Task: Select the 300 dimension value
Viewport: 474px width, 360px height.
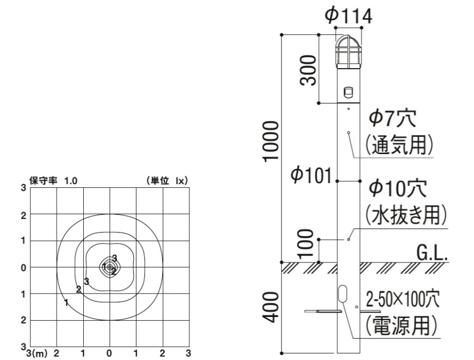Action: [309, 69]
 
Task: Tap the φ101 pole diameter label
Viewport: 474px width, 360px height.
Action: [311, 176]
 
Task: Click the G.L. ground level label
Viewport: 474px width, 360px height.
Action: [432, 253]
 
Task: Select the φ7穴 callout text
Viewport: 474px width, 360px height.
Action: [393, 117]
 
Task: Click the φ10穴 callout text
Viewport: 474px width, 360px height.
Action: [398, 188]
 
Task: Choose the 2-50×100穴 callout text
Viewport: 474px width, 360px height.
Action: [402, 299]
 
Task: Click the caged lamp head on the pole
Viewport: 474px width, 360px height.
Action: [347, 52]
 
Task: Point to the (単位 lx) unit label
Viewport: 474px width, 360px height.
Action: [167, 181]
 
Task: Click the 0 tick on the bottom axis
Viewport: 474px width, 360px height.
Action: [109, 353]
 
